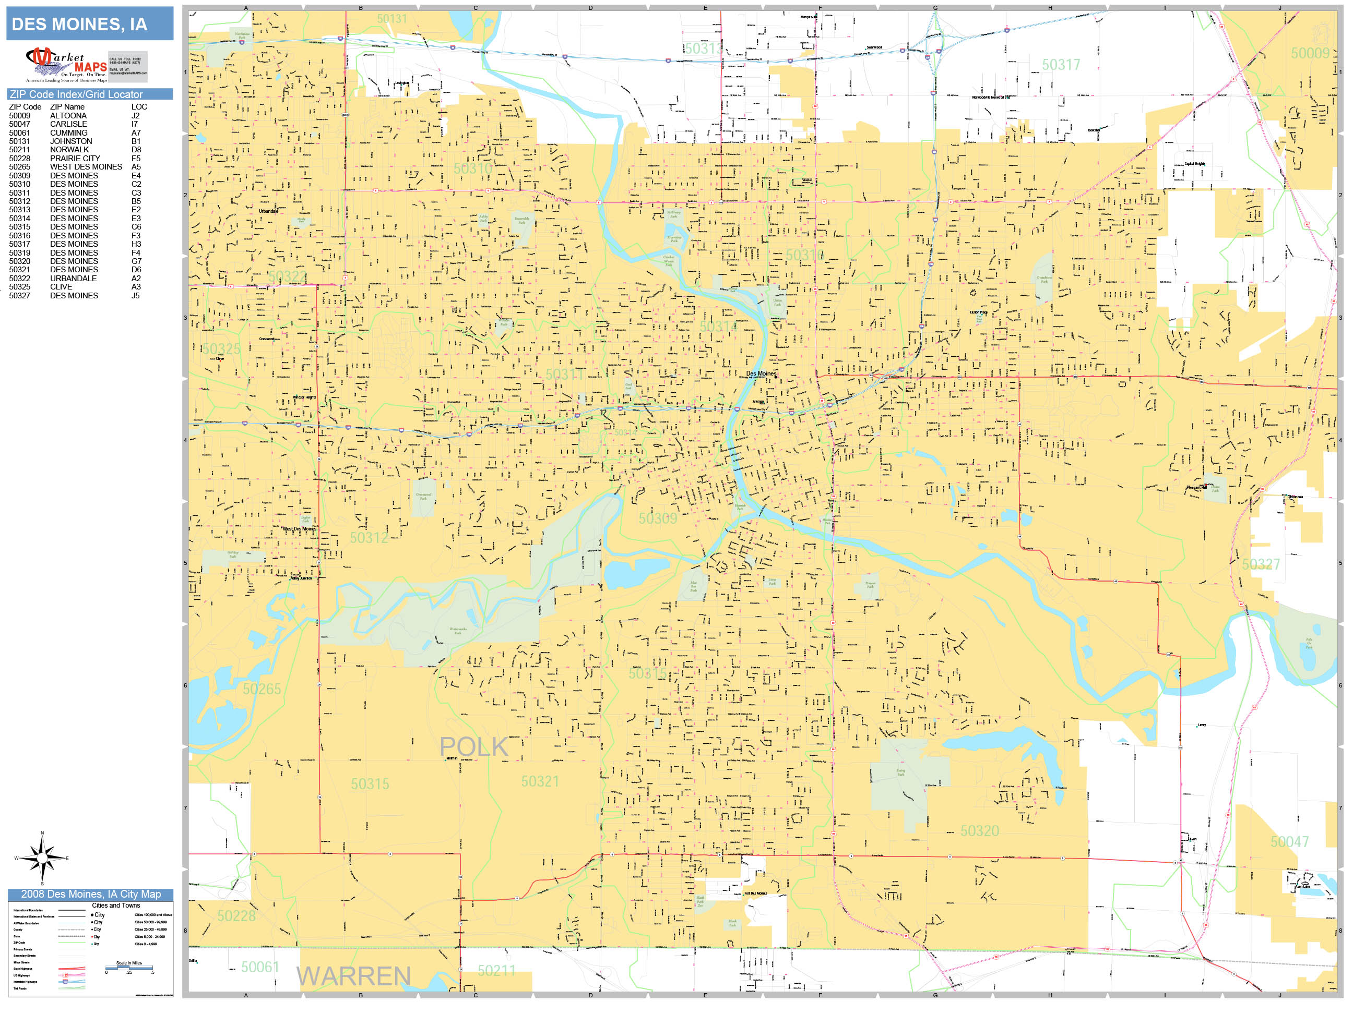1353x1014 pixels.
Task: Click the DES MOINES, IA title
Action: click(79, 25)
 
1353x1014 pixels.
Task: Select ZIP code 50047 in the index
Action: click(19, 124)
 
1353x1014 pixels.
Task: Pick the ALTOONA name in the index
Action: click(68, 115)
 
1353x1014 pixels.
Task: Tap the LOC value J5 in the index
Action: click(136, 296)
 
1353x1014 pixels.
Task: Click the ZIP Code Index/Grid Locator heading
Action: click(76, 94)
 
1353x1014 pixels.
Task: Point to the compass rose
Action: click(42, 858)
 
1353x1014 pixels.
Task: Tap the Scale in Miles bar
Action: click(129, 968)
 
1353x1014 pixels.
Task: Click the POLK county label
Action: click(474, 747)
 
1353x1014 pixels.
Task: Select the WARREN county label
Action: click(353, 976)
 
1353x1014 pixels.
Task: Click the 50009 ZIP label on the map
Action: click(1310, 54)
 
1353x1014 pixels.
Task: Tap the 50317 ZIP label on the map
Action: click(1061, 65)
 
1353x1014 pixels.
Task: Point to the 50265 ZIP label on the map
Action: click(262, 690)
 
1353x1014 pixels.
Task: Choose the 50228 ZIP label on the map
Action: click(236, 915)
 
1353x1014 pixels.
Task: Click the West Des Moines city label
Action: click(299, 529)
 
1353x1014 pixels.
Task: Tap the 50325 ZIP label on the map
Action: click(221, 349)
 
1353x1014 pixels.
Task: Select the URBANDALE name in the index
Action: click(74, 279)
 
